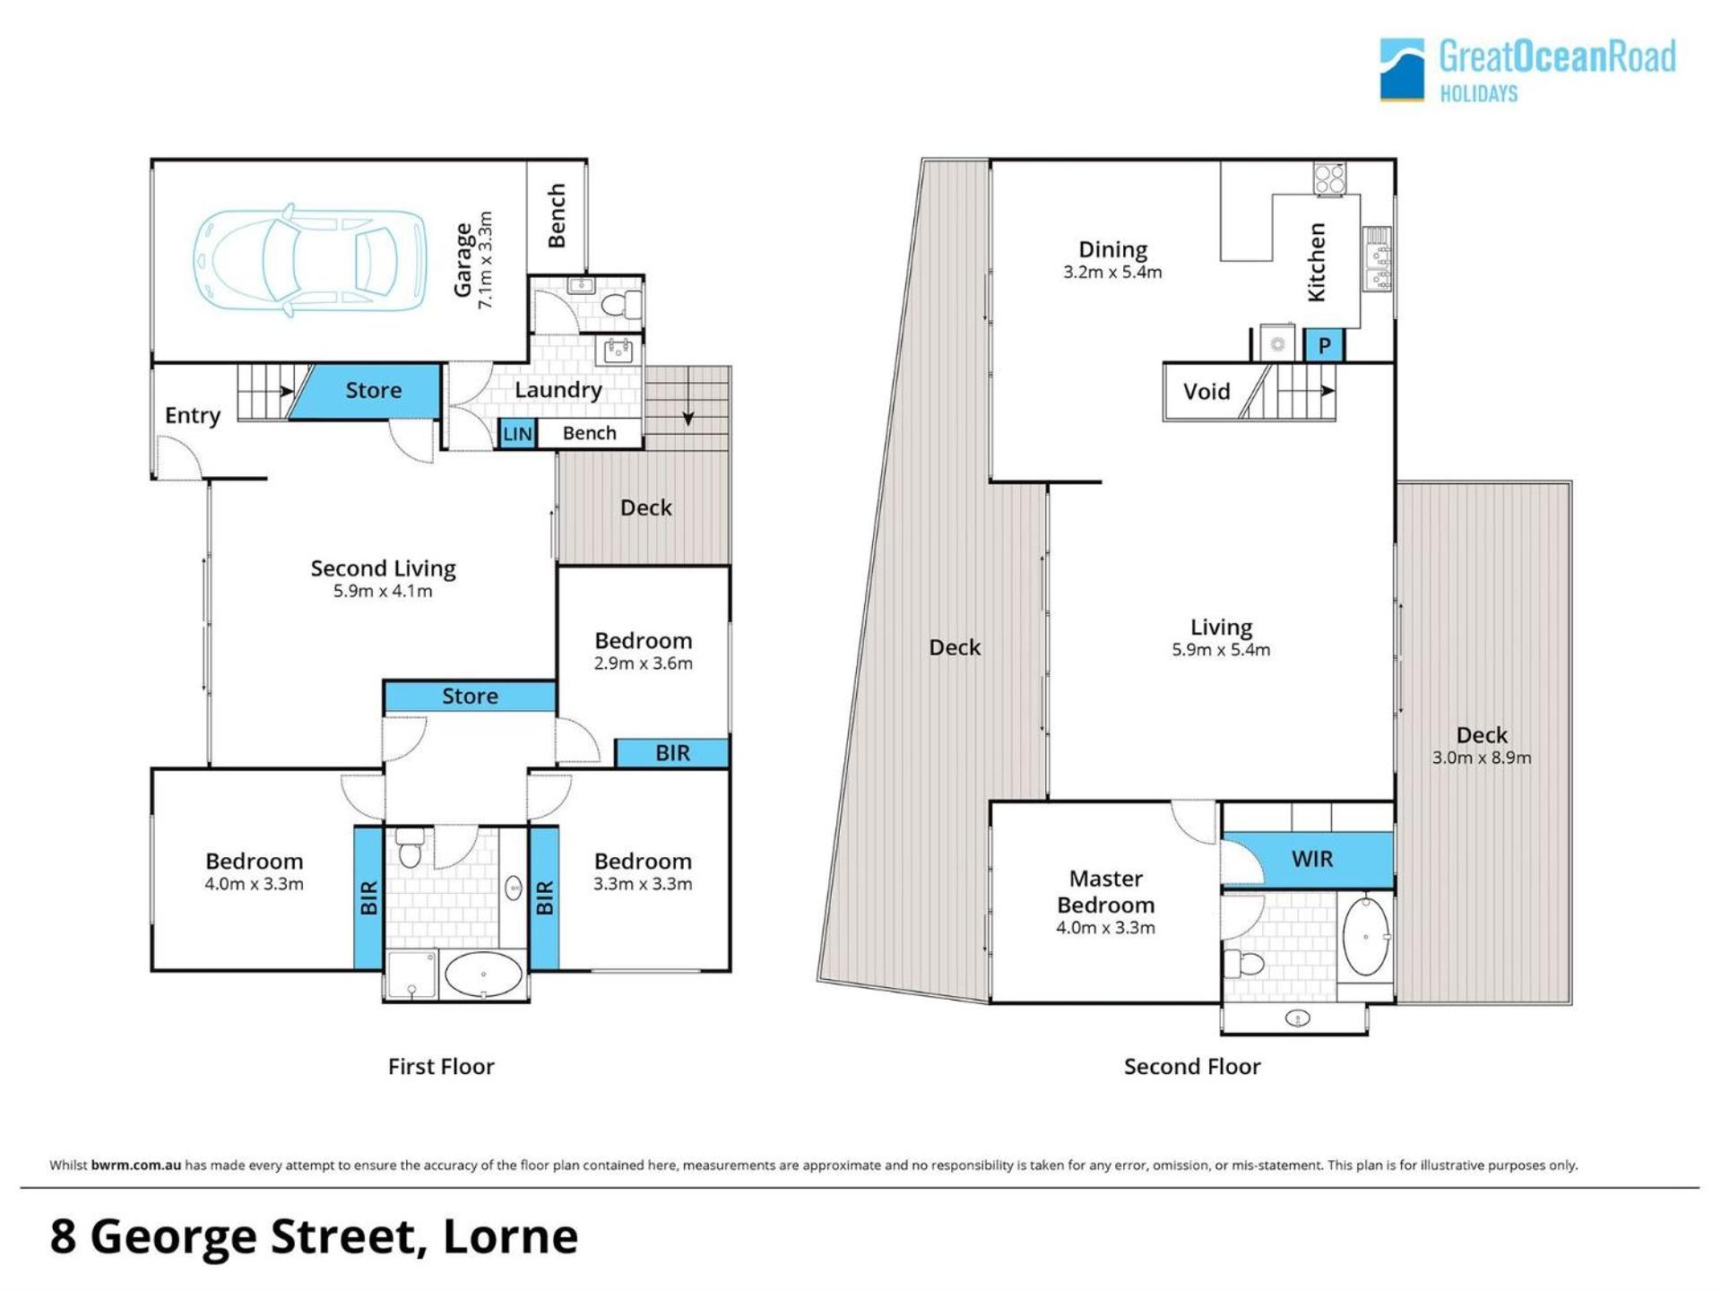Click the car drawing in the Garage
tap(309, 260)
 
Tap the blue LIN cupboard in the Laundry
tap(517, 434)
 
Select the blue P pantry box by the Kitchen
tap(1324, 345)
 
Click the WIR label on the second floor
tap(1312, 859)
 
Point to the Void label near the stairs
tap(1206, 392)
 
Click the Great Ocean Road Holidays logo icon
tap(1402, 69)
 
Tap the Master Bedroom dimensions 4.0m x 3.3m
tap(1105, 928)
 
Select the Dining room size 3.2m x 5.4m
tap(1112, 273)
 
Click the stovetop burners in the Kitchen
tap(1329, 178)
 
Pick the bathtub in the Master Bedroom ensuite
tap(1366, 936)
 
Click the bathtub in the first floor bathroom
tap(483, 974)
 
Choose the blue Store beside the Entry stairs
tap(368, 391)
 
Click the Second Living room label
tap(383, 568)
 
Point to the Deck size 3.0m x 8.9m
tap(1482, 758)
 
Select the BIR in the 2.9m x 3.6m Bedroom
tap(672, 753)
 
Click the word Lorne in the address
tap(510, 1237)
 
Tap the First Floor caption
tap(441, 1067)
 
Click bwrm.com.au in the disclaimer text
tap(136, 1165)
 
